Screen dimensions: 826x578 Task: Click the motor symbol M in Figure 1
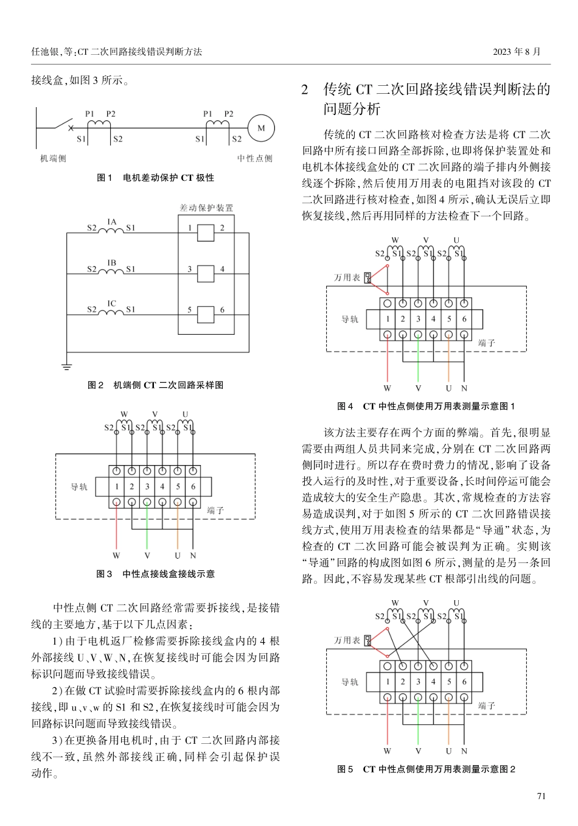tap(261, 128)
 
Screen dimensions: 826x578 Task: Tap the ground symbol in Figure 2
tap(66, 366)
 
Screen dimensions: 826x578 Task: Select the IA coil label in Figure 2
tap(111, 222)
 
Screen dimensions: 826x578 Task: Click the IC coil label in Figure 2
tap(111, 303)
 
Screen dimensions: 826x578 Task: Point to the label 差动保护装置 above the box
tap(206, 208)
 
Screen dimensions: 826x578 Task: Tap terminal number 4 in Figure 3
tap(162, 486)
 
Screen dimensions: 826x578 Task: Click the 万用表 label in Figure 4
tap(347, 278)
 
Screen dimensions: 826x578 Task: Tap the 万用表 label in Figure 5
tap(347, 640)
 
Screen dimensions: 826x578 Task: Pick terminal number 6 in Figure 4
tap(464, 319)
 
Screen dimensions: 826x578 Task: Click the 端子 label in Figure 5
tap(487, 706)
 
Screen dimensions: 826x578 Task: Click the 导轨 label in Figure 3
tap(80, 487)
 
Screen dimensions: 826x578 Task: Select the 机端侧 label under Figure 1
tap(53, 158)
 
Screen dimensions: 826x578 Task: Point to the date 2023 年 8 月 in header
tap(517, 52)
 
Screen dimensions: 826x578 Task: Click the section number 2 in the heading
tap(306, 90)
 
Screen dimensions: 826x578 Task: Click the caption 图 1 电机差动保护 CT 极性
tap(155, 178)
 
